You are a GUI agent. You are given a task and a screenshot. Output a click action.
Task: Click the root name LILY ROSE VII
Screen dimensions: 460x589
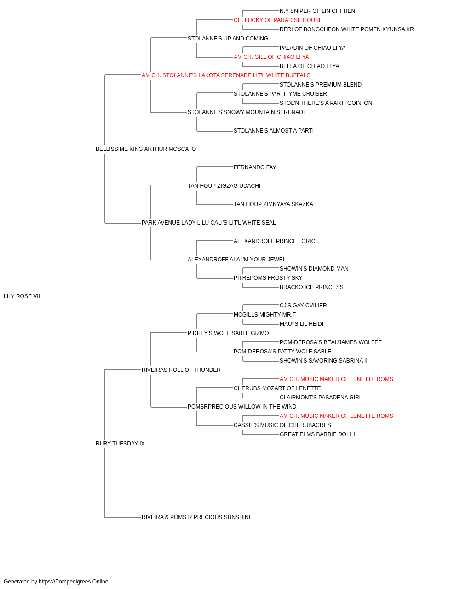22,296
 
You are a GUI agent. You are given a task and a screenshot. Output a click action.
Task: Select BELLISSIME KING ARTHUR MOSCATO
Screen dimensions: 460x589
146,149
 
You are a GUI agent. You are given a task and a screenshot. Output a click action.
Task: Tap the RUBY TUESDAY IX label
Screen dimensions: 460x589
120,444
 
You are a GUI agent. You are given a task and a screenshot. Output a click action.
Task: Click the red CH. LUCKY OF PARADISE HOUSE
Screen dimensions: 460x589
278,20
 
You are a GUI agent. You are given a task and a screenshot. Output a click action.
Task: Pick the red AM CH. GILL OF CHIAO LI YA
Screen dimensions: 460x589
271,57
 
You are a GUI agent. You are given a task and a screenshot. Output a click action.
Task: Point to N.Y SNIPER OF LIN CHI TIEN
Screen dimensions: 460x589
317,11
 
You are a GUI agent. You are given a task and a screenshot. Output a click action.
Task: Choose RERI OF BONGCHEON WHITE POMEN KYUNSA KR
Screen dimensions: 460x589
346,29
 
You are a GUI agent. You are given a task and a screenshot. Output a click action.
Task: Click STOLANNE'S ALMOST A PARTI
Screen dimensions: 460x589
274,131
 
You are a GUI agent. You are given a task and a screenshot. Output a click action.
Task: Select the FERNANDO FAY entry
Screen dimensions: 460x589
255,167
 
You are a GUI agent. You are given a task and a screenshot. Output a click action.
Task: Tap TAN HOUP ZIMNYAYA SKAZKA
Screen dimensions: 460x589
273,204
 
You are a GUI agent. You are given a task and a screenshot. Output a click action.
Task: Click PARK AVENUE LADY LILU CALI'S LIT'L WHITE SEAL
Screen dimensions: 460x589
208,223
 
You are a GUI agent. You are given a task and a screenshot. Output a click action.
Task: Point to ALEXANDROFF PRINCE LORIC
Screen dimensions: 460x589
275,241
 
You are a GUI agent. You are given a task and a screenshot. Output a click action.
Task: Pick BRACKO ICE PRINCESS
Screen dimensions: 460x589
311,287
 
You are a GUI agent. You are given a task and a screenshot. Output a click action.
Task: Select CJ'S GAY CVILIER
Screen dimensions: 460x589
303,306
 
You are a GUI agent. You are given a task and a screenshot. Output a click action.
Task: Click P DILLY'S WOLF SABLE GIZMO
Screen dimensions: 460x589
228,333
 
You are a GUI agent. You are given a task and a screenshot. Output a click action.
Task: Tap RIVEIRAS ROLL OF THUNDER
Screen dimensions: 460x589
181,370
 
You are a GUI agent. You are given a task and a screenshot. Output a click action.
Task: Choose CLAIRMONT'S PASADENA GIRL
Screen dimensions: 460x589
321,398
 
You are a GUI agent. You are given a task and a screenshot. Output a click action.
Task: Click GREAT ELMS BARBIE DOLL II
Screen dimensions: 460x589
318,434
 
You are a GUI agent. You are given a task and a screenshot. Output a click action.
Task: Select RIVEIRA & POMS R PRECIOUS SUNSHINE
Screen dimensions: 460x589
197,517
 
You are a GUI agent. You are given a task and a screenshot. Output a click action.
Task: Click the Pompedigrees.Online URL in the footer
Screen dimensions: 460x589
74,582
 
